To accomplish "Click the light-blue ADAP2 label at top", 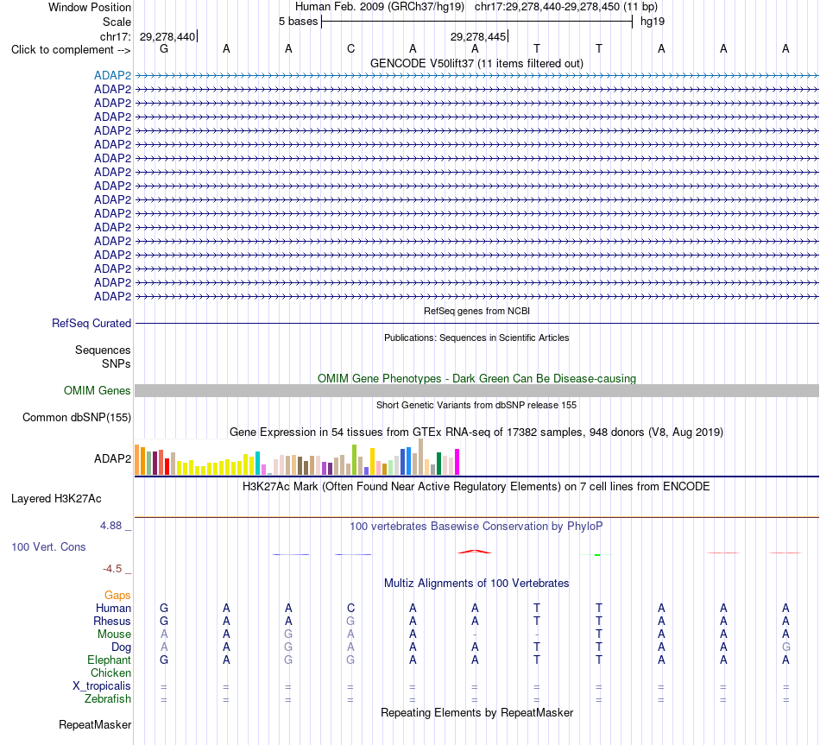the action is [x=112, y=75].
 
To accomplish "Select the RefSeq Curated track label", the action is [x=91, y=324].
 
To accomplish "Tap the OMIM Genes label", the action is [x=98, y=390].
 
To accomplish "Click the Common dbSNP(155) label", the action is [x=77, y=418].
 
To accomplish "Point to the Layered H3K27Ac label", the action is [x=56, y=499].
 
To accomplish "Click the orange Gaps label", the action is [x=117, y=595].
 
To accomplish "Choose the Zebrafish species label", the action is [x=108, y=699].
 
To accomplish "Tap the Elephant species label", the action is [x=109, y=660].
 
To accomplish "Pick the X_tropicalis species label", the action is [x=102, y=686].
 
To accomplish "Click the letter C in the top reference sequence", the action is [x=351, y=48].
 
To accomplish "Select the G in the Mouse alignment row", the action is [x=288, y=635].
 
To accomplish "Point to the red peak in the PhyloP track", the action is [x=475, y=552].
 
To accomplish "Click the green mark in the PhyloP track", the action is [x=597, y=554].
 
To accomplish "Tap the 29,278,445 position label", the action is [x=478, y=36].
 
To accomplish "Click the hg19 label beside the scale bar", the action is [x=653, y=22].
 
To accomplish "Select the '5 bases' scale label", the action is [x=298, y=22].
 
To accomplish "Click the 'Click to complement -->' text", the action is [x=71, y=50].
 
